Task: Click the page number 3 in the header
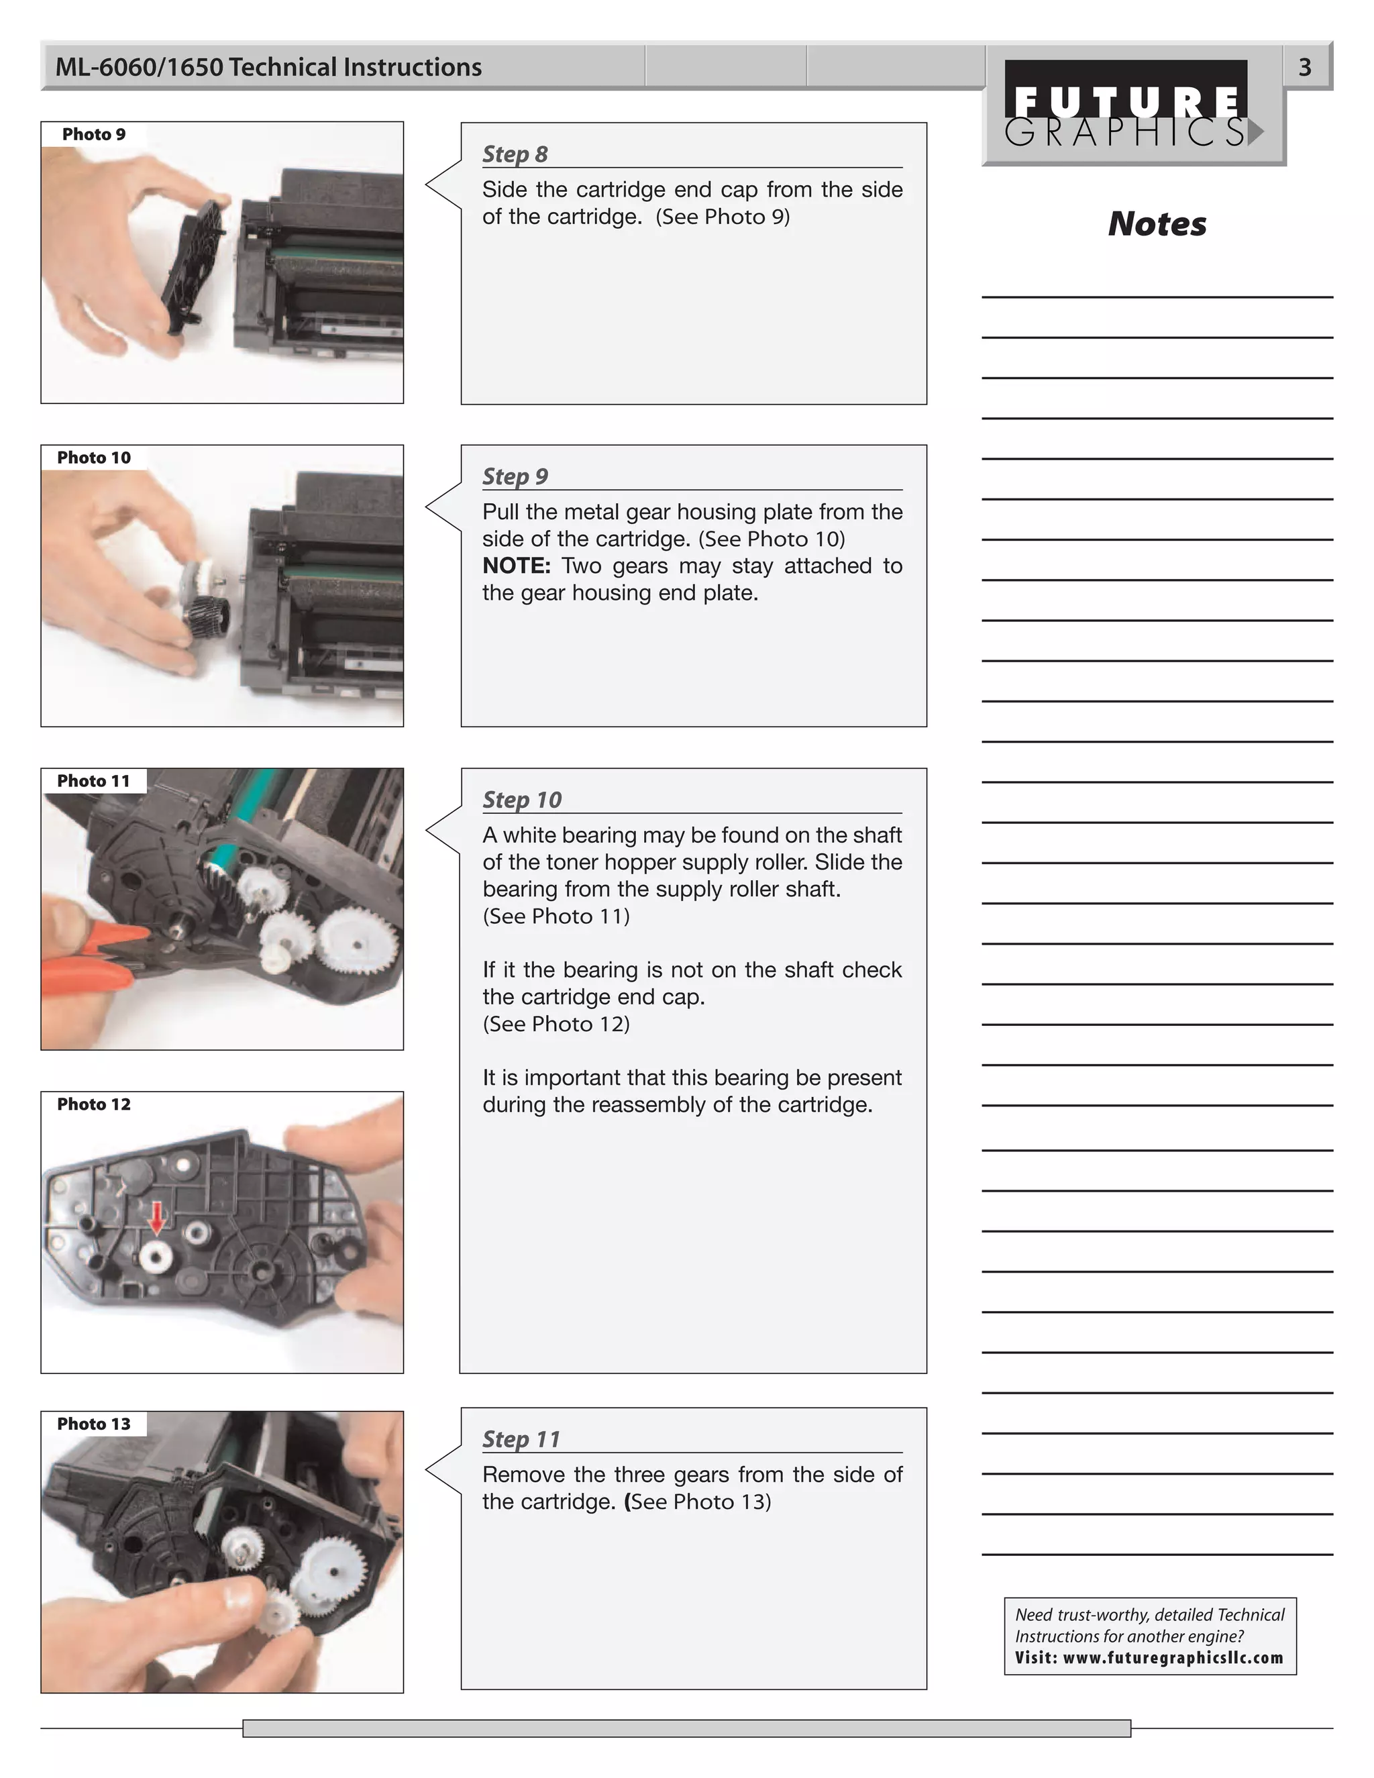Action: coord(1304,66)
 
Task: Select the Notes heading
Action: coord(1156,224)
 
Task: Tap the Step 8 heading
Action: coord(515,154)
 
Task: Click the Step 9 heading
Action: coord(515,476)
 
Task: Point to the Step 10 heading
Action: coord(522,800)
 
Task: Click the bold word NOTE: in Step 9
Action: coord(516,566)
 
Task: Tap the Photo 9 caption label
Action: coord(94,134)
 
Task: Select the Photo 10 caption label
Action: coord(94,458)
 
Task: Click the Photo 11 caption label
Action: coord(94,781)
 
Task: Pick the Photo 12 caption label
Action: coord(94,1104)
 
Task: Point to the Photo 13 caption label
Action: coord(94,1424)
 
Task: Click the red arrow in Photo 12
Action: coord(156,1218)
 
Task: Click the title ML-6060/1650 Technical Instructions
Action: coord(268,66)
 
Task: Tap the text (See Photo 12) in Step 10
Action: coord(556,1023)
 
